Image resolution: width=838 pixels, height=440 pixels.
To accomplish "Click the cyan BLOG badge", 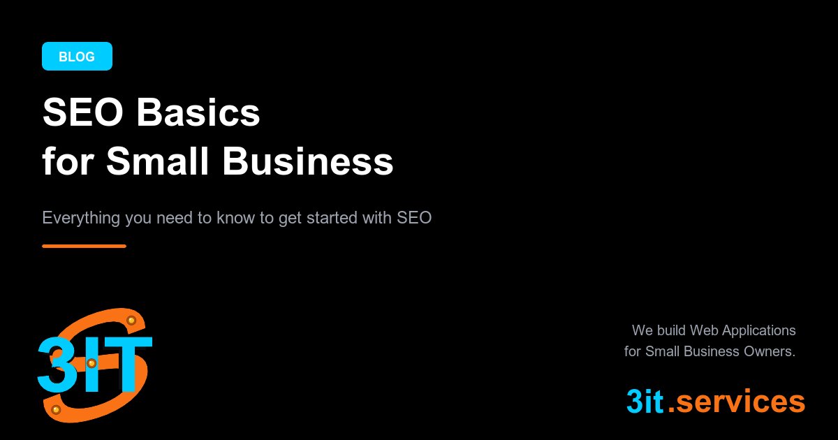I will tap(77, 57).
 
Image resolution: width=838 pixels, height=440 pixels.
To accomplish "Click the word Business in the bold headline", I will tap(308, 162).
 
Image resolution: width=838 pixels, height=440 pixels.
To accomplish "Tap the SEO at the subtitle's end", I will tap(415, 217).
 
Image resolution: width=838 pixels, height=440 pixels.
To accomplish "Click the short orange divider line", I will tap(84, 246).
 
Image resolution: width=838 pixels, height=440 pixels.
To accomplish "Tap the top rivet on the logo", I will tap(131, 320).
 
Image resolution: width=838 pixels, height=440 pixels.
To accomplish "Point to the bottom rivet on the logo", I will tap(56, 409).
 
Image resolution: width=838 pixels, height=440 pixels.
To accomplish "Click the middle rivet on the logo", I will tap(91, 363).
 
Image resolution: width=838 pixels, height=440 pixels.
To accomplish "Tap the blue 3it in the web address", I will tap(644, 402).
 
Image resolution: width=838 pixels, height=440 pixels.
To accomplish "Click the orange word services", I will tap(741, 402).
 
